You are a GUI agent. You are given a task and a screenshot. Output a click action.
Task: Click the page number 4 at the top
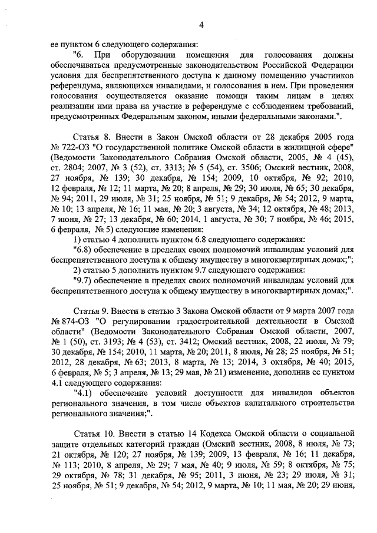(201, 25)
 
